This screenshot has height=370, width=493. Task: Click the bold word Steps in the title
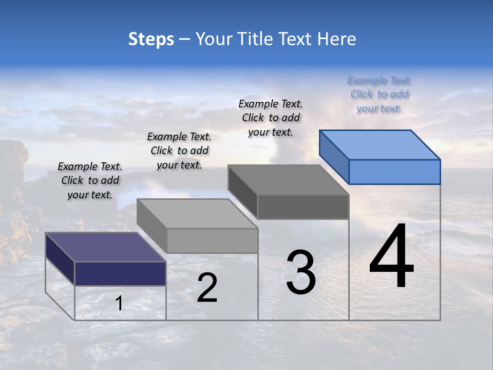[151, 39]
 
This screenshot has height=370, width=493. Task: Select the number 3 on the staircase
[301, 272]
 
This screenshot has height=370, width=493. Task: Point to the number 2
[207, 288]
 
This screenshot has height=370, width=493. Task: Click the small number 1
[119, 303]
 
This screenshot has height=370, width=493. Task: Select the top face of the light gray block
[197, 213]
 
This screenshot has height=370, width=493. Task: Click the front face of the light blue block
[394, 172]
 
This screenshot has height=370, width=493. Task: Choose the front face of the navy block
[120, 273]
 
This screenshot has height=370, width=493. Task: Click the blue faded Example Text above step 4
[379, 95]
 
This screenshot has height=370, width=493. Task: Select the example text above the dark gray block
[271, 118]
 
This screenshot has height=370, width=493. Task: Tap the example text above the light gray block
[179, 151]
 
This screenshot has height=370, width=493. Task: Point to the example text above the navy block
[90, 180]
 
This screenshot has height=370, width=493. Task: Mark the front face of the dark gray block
[303, 207]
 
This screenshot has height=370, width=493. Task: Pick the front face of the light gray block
[212, 240]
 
